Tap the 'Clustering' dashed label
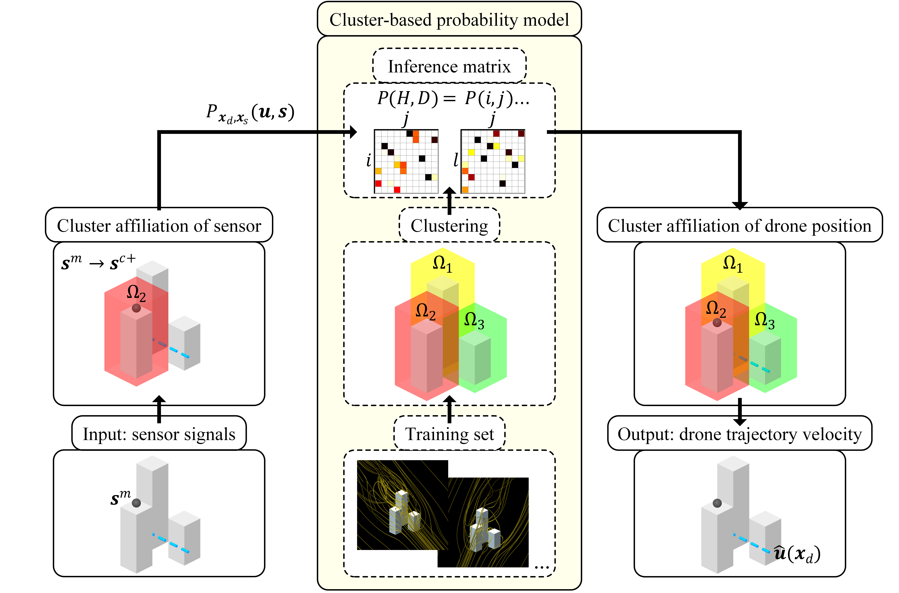(449, 226)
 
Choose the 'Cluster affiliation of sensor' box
(159, 226)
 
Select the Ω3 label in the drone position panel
(764, 320)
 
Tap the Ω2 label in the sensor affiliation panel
(136, 293)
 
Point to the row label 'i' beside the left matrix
(368, 160)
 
